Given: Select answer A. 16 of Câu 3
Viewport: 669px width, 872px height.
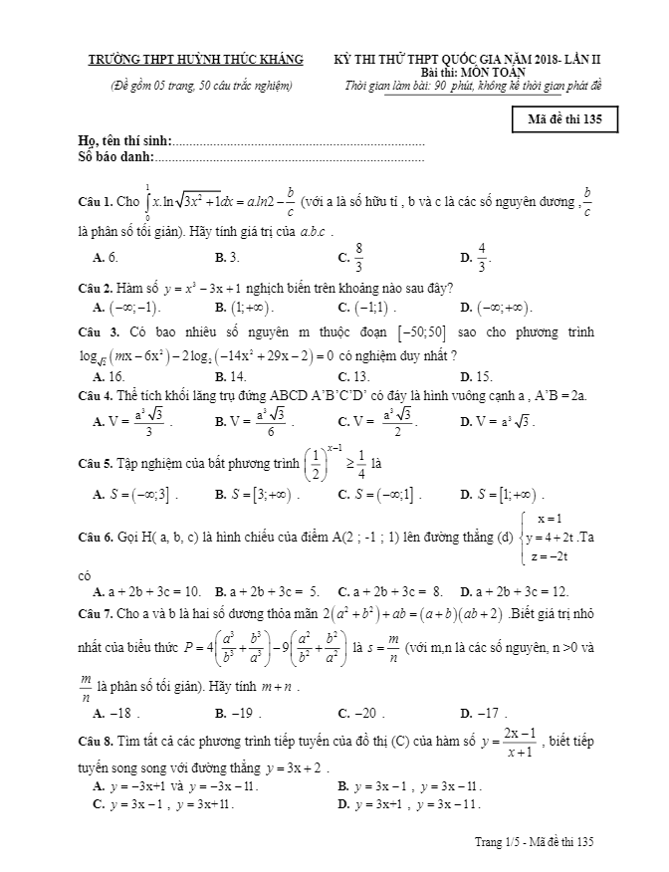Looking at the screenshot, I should point(109,376).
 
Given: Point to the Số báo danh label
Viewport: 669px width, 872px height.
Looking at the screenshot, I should point(117,157).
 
